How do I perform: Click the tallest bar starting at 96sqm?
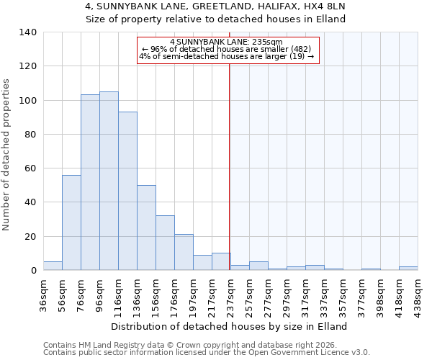coord(109,181)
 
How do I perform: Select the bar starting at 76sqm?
coord(90,182)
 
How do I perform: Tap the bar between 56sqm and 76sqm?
coord(71,222)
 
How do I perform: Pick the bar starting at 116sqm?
coord(127,191)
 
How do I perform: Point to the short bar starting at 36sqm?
coord(53,266)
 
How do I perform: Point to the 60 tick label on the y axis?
coord(30,168)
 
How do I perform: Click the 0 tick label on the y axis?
coord(33,271)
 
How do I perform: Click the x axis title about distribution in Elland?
coord(229,326)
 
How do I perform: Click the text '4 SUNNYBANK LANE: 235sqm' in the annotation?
coord(227,42)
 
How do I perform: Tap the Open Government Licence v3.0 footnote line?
coord(207,353)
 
